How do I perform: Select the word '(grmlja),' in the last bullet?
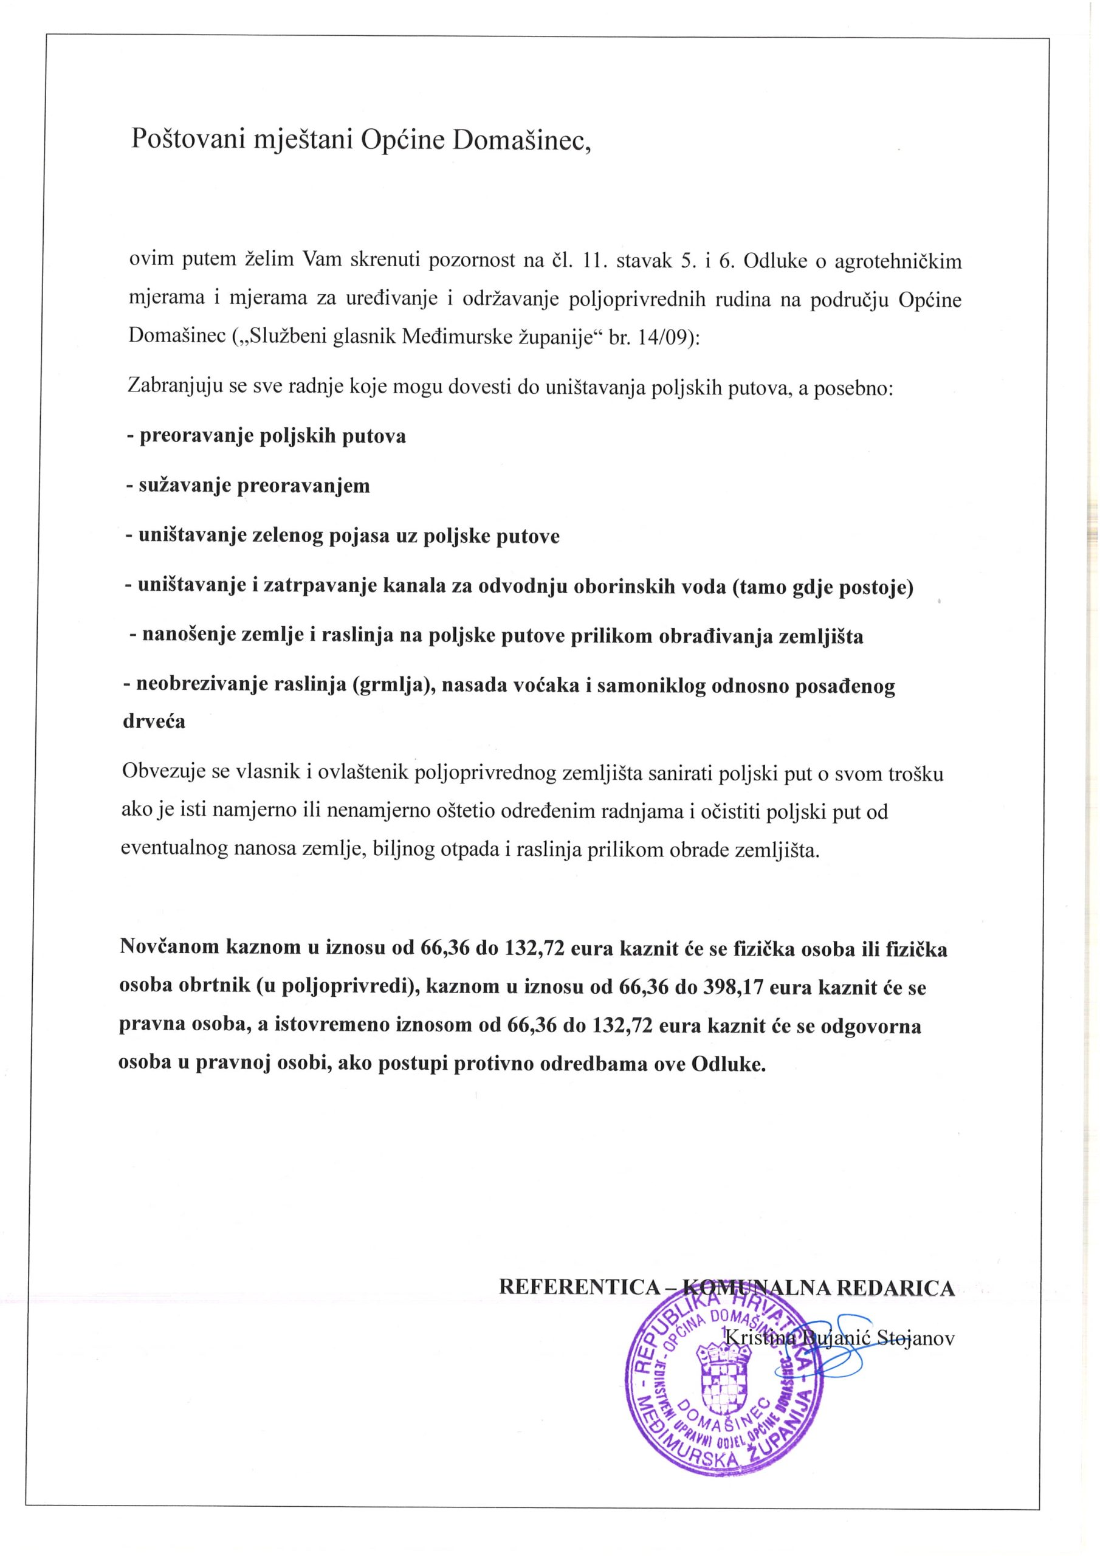[396, 686]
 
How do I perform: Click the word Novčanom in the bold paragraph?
[169, 947]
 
